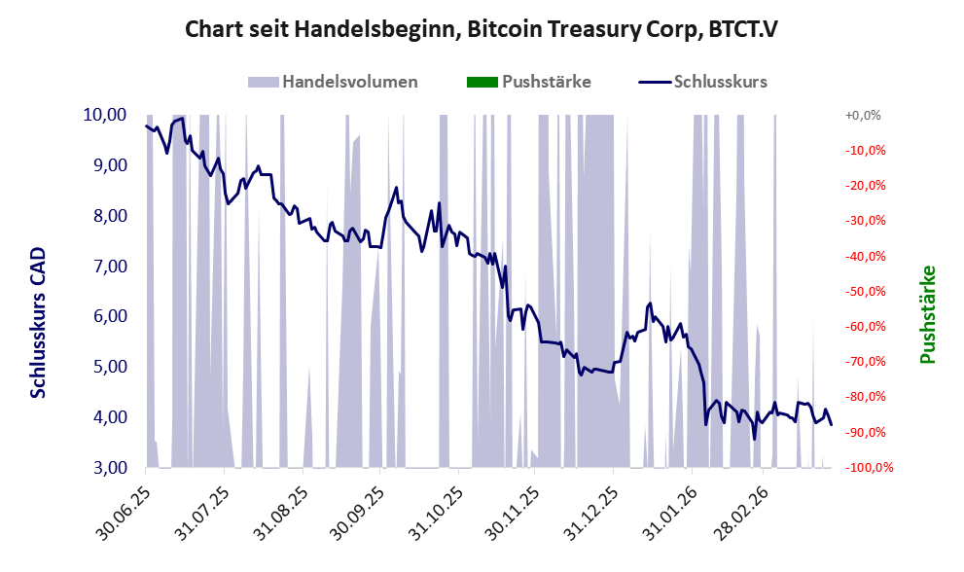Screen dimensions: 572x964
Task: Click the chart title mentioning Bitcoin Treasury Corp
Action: pyautogui.click(x=482, y=30)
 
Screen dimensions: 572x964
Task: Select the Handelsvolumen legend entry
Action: pyautogui.click(x=350, y=82)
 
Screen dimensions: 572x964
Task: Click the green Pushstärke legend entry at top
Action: pyautogui.click(x=547, y=82)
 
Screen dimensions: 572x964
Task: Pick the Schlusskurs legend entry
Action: pyautogui.click(x=720, y=82)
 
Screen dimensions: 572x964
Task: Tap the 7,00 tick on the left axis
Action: pyautogui.click(x=107, y=267)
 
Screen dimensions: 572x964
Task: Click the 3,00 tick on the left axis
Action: pyautogui.click(x=107, y=468)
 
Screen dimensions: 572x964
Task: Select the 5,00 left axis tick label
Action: pyautogui.click(x=107, y=367)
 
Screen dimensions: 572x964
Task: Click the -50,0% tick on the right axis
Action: pyautogui.click(x=863, y=291)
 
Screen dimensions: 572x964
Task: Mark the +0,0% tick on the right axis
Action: pyautogui.click(x=863, y=115)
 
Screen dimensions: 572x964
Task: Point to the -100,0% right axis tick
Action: pyautogui.click(x=860, y=468)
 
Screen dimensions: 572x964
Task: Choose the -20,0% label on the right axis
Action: pyautogui.click(x=863, y=186)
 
